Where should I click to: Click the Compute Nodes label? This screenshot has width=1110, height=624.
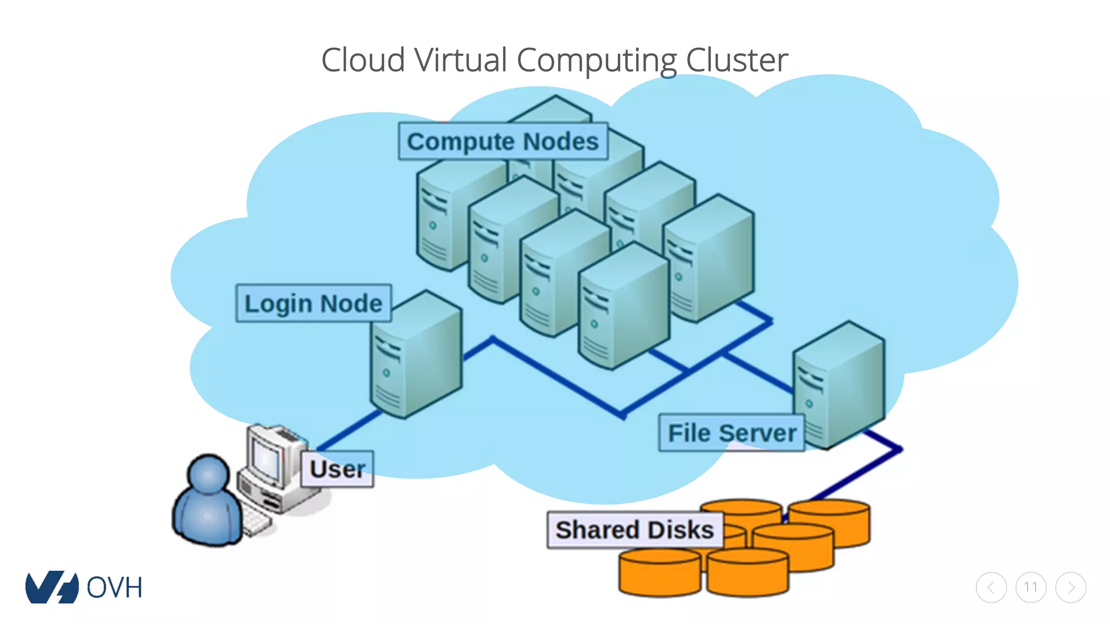pyautogui.click(x=502, y=141)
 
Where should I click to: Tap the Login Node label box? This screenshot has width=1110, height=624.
pyautogui.click(x=313, y=303)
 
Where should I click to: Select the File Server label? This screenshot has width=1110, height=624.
pyautogui.click(x=732, y=433)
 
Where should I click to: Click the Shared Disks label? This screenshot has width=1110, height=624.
pyautogui.click(x=635, y=530)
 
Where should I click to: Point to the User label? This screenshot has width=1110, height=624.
pyautogui.click(x=337, y=469)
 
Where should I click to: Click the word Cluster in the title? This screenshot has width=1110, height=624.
pyautogui.click(x=737, y=60)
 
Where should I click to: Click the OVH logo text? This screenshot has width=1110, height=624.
pyautogui.click(x=114, y=588)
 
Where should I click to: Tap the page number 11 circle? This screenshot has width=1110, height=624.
pyautogui.click(x=1031, y=587)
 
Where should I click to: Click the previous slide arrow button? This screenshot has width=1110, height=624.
pyautogui.click(x=991, y=587)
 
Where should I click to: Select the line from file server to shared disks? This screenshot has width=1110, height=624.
pyautogui.click(x=856, y=474)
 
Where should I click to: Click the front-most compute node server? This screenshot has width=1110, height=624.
pyautogui.click(x=623, y=309)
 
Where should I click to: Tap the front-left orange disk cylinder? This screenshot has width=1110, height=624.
pyautogui.click(x=659, y=573)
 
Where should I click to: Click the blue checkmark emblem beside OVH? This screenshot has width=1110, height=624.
pyautogui.click(x=51, y=587)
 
